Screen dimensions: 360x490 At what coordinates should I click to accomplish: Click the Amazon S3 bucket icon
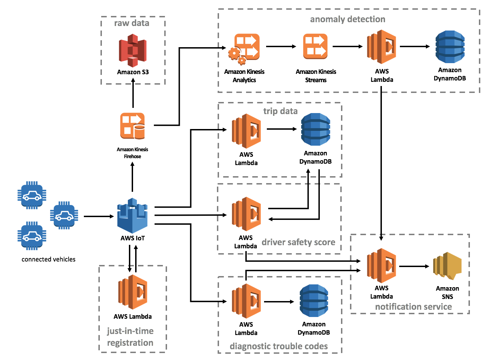click(x=132, y=51)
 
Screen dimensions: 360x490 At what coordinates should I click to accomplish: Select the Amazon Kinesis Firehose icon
click(x=132, y=126)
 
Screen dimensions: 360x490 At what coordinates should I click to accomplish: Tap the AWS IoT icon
click(x=132, y=216)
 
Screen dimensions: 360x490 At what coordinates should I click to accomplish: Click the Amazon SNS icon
click(x=447, y=266)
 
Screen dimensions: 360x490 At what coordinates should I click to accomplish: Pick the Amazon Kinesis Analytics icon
click(x=244, y=49)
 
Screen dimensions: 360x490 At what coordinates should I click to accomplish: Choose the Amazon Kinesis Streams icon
click(x=315, y=46)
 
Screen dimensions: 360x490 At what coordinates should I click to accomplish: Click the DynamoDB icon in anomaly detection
click(x=450, y=47)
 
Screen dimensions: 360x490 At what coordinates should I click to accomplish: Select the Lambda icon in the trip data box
click(x=246, y=131)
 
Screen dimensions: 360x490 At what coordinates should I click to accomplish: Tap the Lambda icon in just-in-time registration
click(x=132, y=292)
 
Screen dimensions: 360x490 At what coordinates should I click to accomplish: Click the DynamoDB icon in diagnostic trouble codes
click(x=314, y=301)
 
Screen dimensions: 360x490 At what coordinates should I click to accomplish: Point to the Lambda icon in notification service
click(x=381, y=265)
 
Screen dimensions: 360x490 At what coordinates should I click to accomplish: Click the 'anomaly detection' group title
click(x=347, y=19)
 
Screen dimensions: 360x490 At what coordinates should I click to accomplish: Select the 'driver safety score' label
click(x=298, y=242)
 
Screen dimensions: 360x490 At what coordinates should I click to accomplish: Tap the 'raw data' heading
click(x=132, y=23)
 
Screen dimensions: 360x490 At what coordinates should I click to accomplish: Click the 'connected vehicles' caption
click(x=49, y=259)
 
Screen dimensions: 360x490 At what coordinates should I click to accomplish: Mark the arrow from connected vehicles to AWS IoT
click(x=99, y=216)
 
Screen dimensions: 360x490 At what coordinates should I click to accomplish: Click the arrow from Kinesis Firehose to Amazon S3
click(x=133, y=93)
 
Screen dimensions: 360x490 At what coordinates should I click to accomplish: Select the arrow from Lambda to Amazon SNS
click(x=414, y=266)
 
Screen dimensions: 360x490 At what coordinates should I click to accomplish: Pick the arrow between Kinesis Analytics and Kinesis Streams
click(x=281, y=46)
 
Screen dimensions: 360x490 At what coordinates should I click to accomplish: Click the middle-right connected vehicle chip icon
click(x=64, y=215)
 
